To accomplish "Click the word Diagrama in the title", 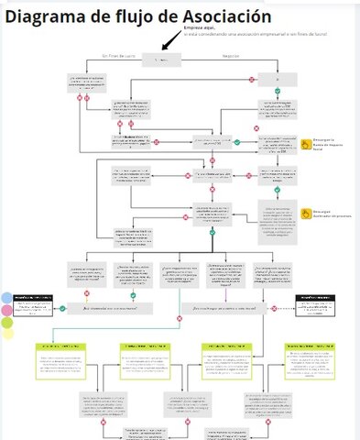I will [46, 16].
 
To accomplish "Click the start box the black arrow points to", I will [163, 60].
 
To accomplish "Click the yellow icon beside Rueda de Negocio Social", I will [307, 144].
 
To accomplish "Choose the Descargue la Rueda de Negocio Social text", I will [334, 145].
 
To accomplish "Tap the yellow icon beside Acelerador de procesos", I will [307, 213].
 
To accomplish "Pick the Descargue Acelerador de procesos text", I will [334, 213].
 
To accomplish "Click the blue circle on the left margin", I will [6, 299].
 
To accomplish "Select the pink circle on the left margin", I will [6, 311].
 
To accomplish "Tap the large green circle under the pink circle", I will [7, 323].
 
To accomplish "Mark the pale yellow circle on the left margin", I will [7, 335].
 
